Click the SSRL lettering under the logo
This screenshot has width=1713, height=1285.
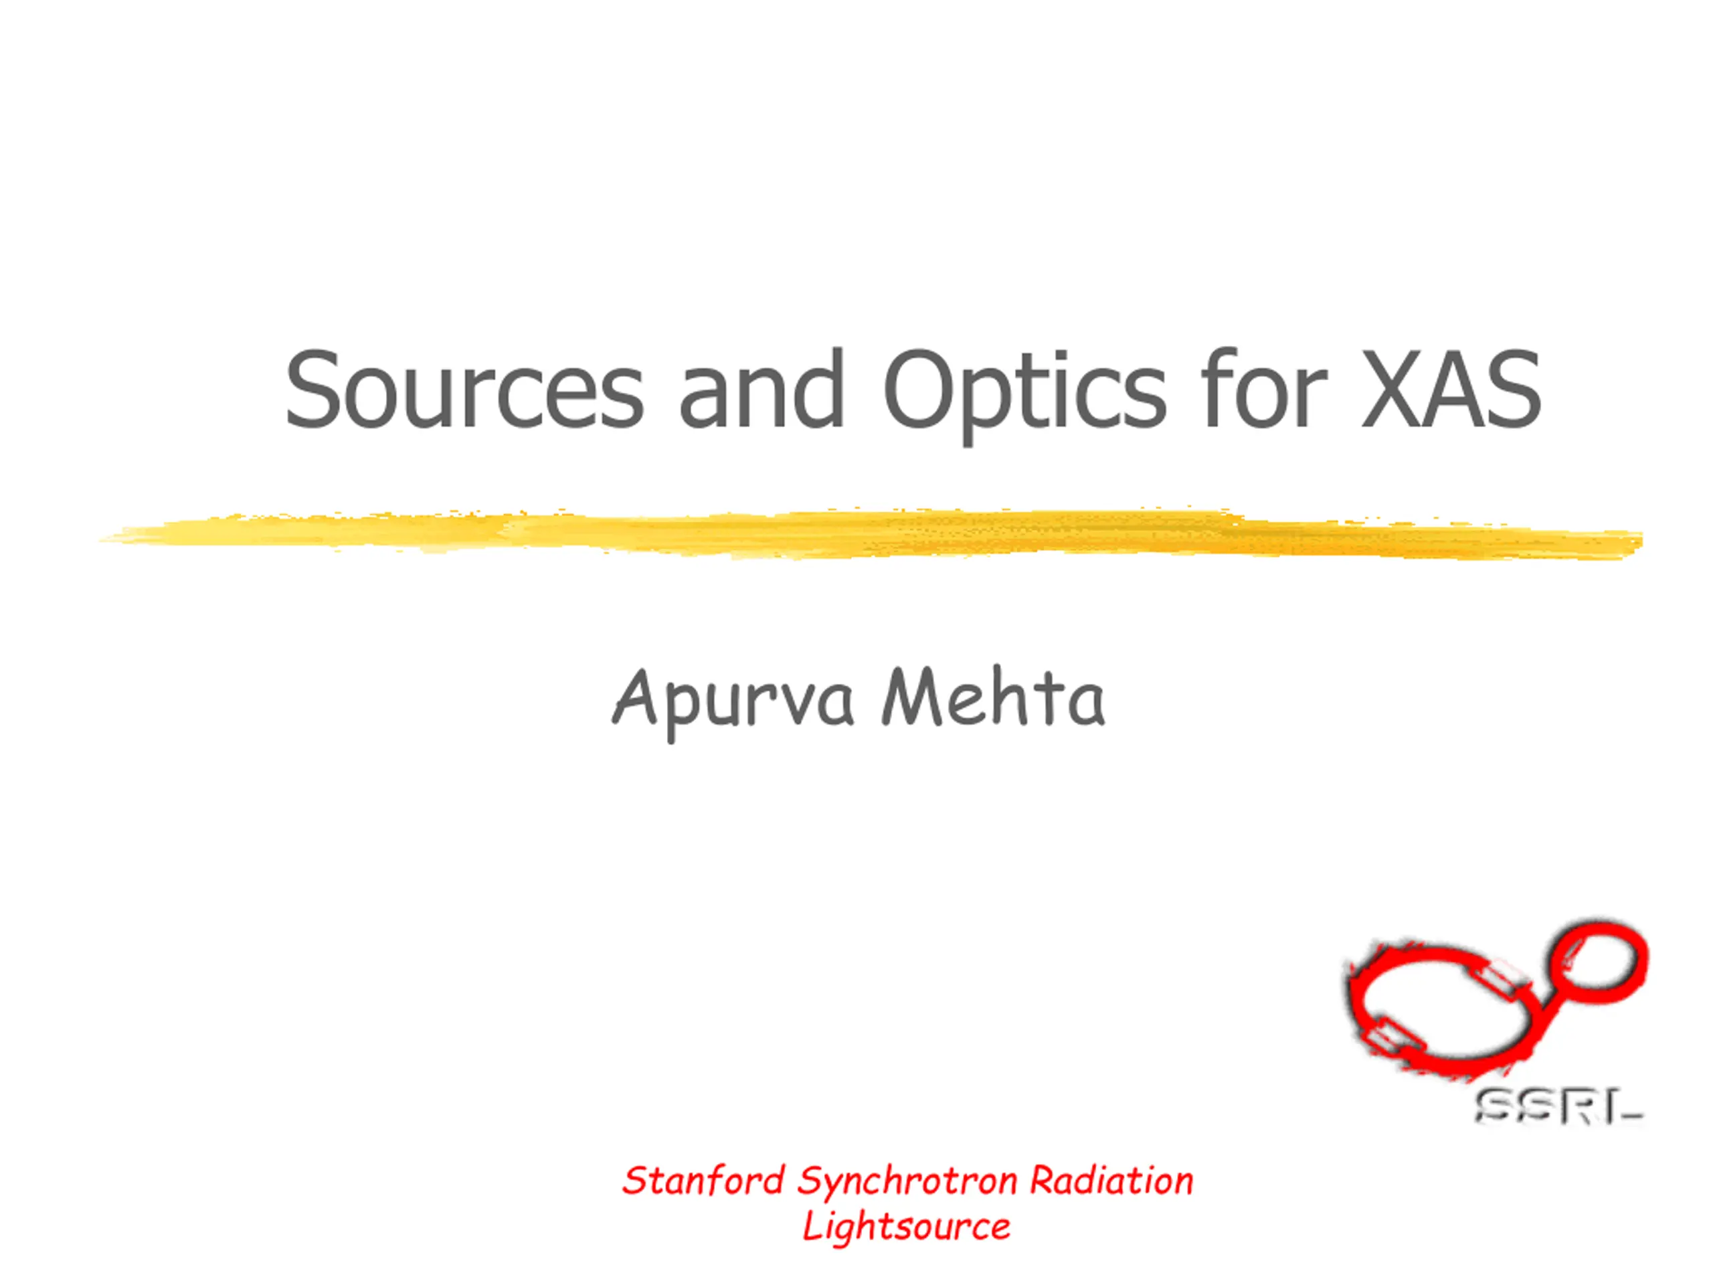point(1558,1107)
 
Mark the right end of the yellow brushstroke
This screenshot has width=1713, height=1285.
point(1642,541)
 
